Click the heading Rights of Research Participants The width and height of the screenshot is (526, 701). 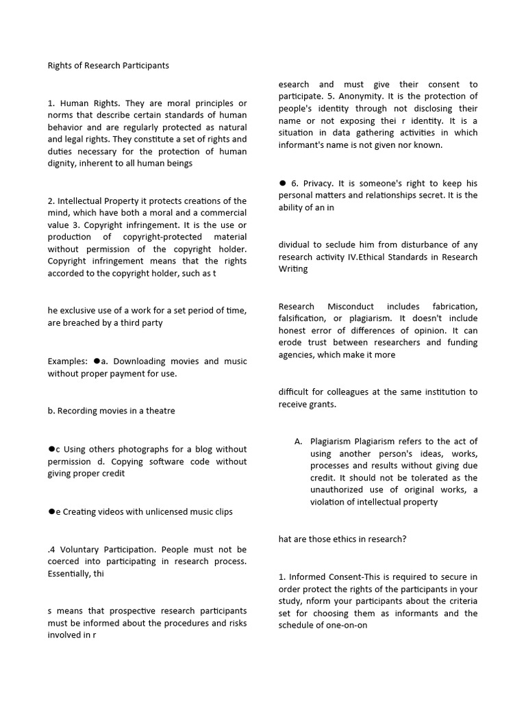click(108, 66)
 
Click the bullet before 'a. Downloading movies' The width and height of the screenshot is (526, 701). click(97, 361)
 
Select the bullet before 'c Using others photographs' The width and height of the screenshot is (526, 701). click(51, 448)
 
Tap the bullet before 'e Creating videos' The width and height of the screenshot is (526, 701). click(51, 511)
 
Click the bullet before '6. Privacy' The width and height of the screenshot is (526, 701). click(282, 183)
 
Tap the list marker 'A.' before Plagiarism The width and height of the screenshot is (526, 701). click(299, 442)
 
